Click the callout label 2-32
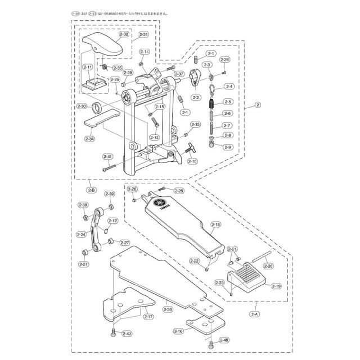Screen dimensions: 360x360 124,34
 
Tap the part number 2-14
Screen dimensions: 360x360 144,52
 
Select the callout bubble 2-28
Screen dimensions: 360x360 224,59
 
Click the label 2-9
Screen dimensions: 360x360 227,147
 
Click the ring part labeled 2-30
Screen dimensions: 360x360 97,107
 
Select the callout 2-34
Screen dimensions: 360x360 89,138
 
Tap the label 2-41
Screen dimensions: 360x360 107,156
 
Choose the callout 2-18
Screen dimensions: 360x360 216,224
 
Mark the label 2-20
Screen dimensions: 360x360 268,265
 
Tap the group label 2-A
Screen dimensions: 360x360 254,313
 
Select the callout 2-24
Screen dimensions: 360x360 82,235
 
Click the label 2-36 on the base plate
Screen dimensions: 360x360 168,309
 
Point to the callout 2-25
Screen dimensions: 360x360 178,191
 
